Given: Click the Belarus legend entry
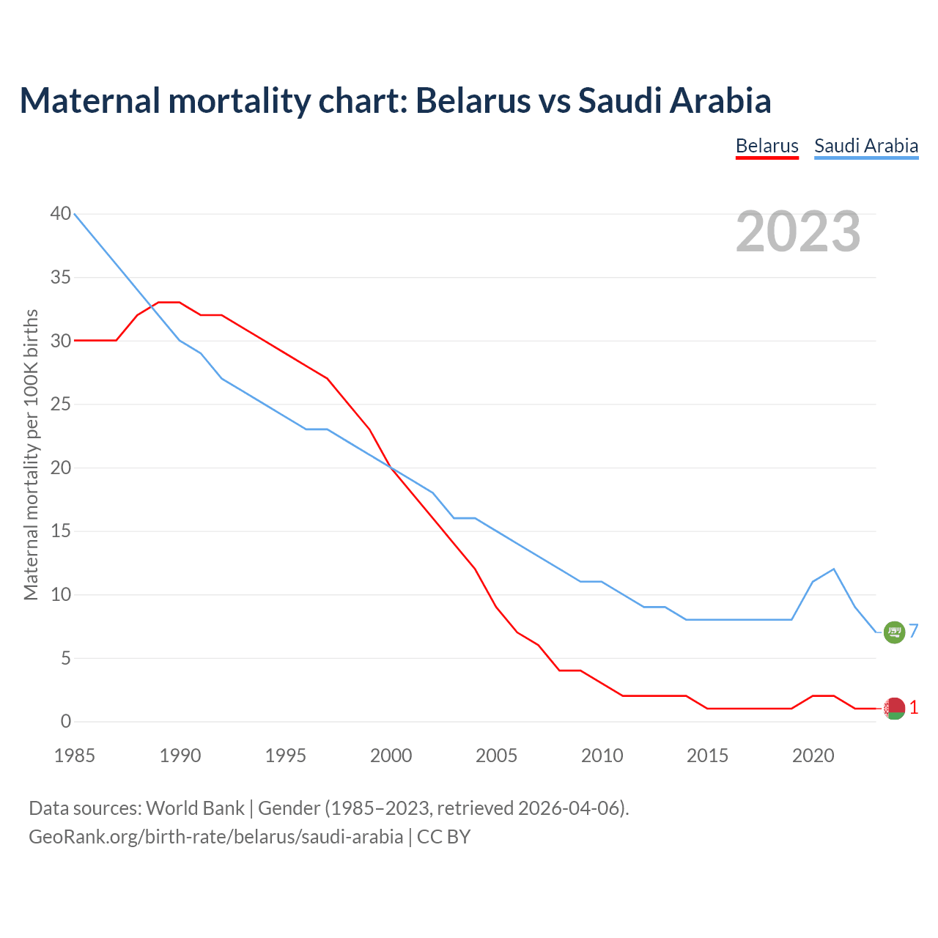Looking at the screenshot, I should [767, 146].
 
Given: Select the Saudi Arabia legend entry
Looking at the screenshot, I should [866, 146].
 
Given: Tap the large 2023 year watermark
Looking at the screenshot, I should [798, 232].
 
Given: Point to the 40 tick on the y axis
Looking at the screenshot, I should [61, 214].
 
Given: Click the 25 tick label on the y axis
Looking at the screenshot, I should [61, 405].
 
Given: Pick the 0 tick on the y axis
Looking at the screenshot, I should [66, 722].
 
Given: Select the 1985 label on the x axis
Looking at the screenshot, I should [75, 756].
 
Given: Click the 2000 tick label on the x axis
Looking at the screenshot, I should [391, 756].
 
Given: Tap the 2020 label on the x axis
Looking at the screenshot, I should [813, 756].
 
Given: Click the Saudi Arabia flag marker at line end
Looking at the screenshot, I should [894, 632].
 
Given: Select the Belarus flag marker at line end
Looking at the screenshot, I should [894, 709].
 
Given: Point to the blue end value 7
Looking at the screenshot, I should [914, 631].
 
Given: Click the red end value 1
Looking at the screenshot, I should [914, 708].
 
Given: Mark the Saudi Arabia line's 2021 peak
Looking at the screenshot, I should [833, 569].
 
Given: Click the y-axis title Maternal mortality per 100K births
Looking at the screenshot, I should [31, 454].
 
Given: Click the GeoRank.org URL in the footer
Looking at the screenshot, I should [215, 837].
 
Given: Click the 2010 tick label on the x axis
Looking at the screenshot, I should [602, 756].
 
